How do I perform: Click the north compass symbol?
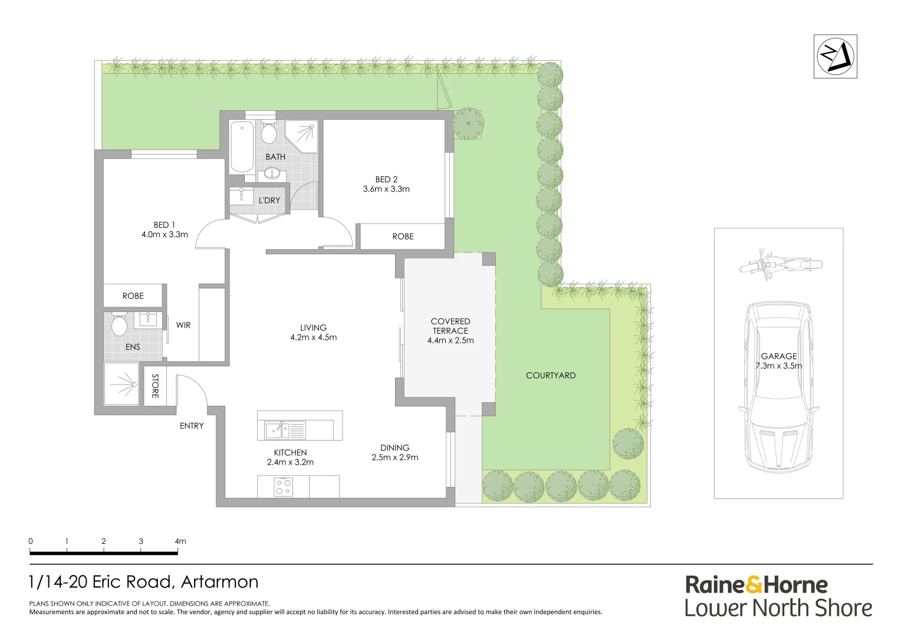pos(835,57)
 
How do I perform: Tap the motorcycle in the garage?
pos(780,264)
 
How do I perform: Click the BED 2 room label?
pos(386,179)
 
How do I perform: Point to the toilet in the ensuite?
pos(119,324)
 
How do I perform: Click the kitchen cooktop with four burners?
pos(283,487)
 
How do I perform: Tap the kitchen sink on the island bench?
pos(277,430)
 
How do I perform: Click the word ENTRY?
pos(192,426)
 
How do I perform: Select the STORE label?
pos(155,386)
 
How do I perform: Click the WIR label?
pos(183,325)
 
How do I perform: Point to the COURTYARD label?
pos(551,375)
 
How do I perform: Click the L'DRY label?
pos(269,201)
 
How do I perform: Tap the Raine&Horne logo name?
pos(757,585)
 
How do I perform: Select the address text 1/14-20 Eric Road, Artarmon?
pos(144,582)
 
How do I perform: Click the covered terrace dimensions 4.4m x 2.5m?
pos(450,340)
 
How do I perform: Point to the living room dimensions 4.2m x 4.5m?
pos(313,337)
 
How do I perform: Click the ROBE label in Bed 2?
pos(403,237)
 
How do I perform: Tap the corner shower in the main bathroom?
pos(302,136)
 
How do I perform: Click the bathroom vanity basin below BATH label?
pos(272,173)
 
